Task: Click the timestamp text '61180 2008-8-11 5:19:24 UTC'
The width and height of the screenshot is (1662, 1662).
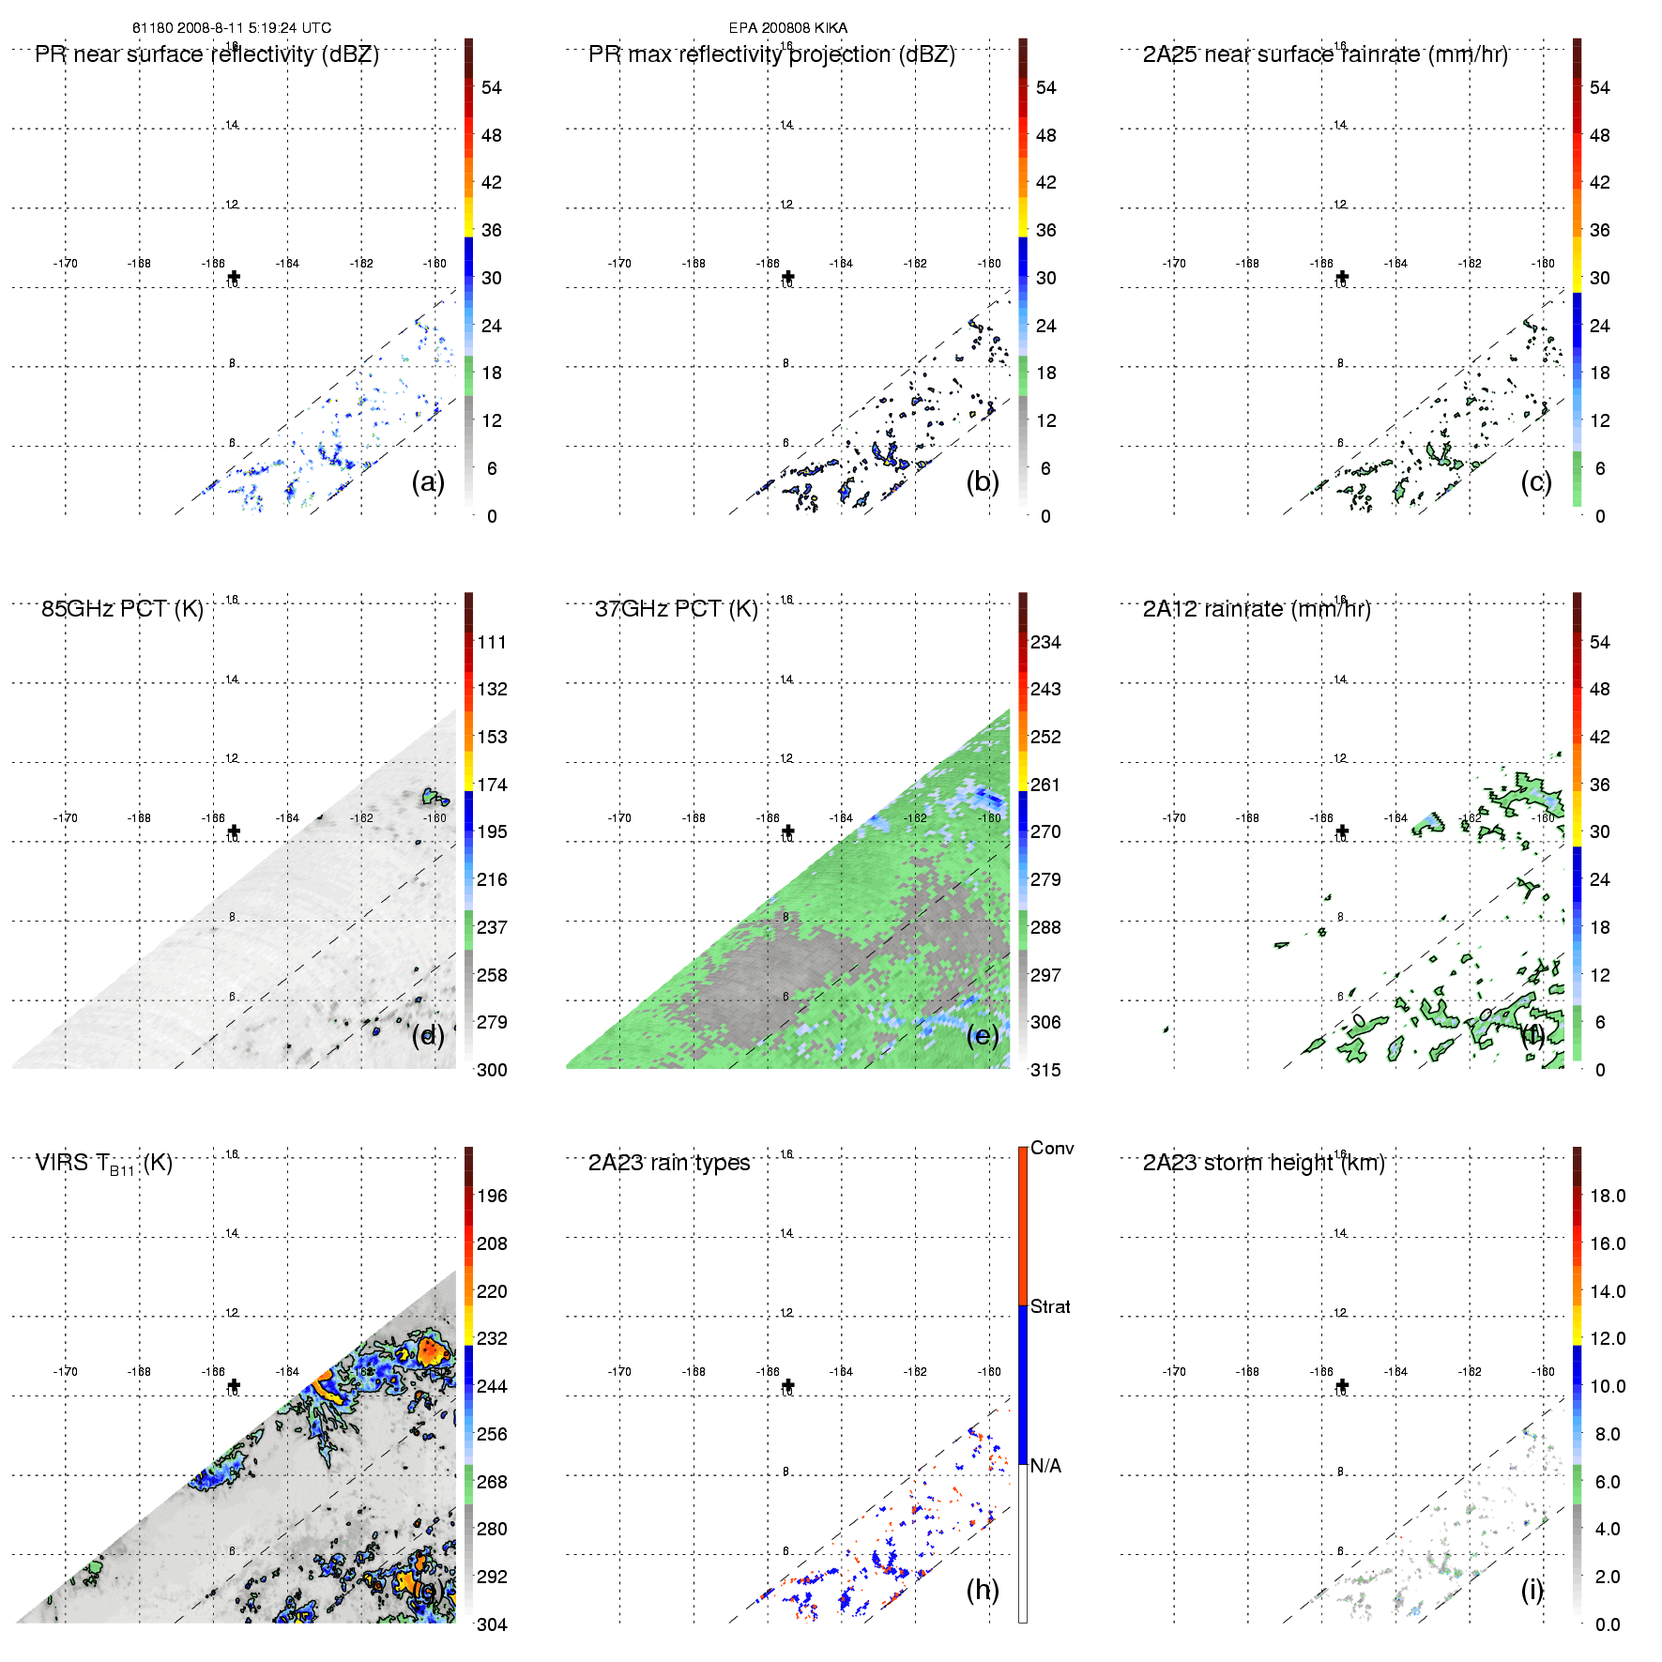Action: [231, 28]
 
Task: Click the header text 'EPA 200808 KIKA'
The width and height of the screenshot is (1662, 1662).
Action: [787, 28]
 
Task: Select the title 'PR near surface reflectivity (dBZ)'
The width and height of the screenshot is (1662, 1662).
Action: [206, 54]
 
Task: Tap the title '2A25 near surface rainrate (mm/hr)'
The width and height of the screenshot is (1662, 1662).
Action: [1324, 54]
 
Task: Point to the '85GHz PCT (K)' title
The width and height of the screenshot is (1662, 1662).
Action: [122, 609]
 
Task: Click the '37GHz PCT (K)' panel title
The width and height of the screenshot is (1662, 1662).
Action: [676, 609]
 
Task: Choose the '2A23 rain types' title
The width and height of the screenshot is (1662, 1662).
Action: [668, 1163]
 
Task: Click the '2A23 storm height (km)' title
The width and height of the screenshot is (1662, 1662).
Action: [1263, 1163]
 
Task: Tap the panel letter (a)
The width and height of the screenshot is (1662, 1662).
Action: [427, 481]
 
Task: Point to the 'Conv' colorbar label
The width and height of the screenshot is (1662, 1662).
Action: [1052, 1148]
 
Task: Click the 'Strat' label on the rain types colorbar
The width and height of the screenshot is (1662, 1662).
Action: [1050, 1306]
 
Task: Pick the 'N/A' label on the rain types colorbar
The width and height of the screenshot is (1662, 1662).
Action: [1045, 1466]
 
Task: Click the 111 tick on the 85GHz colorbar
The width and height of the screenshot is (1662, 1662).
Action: [492, 642]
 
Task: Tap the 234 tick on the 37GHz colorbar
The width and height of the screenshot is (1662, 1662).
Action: [1045, 642]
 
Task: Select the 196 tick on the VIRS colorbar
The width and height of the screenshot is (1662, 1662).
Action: [492, 1196]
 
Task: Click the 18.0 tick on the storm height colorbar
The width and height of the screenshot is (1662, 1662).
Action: [1607, 1196]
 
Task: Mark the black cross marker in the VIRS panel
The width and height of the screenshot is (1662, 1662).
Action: [234, 1385]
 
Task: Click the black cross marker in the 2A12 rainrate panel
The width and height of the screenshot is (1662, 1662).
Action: [1342, 831]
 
